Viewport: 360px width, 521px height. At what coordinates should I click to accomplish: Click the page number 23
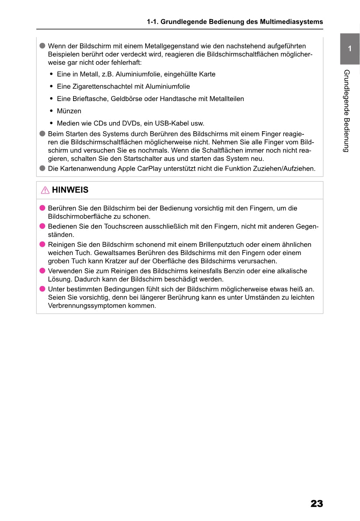pos(317,504)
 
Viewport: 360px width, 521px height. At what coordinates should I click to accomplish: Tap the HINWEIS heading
pos(70,190)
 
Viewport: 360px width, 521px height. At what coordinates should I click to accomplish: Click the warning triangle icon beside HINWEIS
pos(45,190)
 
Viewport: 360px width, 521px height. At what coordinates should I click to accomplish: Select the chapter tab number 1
pos(350,49)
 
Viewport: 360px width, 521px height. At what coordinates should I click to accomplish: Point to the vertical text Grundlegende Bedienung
pos(346,111)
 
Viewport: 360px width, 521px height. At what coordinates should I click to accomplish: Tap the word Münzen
pos(69,111)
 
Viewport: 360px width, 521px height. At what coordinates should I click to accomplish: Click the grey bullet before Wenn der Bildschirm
pos(42,46)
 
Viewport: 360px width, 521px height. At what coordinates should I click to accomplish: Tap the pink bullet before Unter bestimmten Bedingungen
pos(42,289)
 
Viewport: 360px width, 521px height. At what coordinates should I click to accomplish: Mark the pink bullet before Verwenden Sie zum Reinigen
pos(42,271)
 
